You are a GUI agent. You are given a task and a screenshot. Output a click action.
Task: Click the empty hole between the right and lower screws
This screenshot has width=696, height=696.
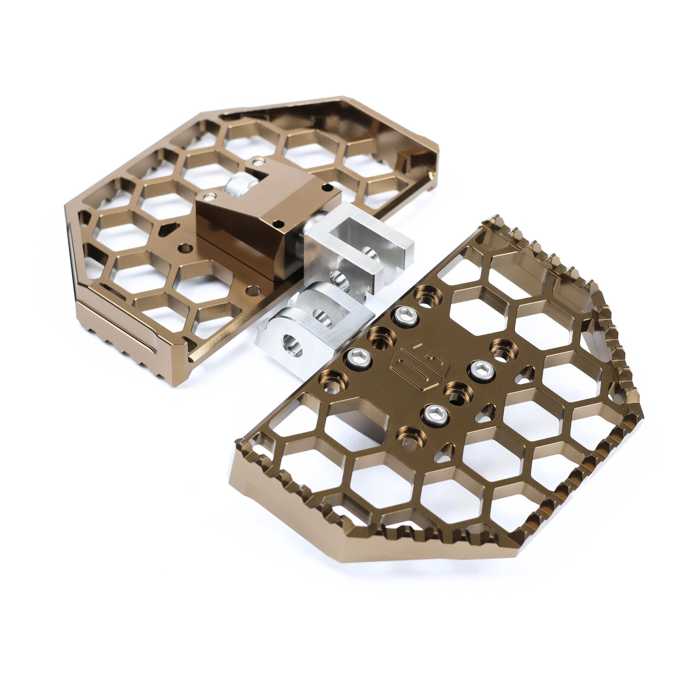point(456,391)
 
